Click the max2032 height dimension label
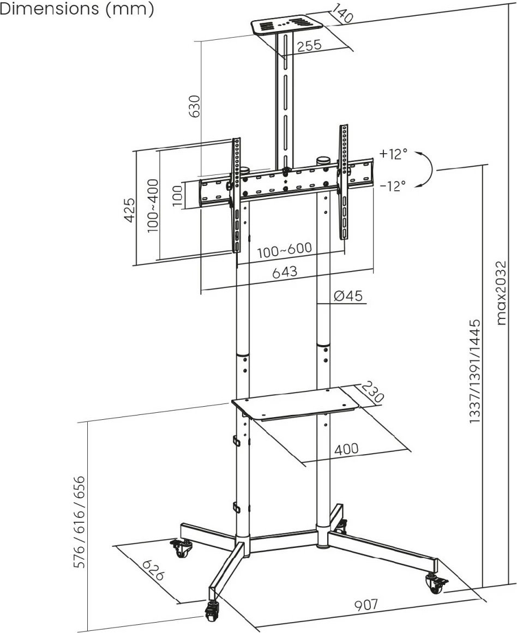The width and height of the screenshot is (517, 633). tap(501, 293)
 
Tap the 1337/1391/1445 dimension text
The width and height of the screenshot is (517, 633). tap(475, 371)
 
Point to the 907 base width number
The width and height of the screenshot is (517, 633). tap(366, 604)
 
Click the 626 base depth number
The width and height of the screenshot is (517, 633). tap(153, 570)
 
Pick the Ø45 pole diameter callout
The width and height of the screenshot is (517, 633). tap(348, 296)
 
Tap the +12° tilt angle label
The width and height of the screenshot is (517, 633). tap(393, 154)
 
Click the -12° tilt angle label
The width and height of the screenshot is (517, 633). tap(393, 186)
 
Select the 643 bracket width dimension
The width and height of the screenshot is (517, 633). tap(285, 272)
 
